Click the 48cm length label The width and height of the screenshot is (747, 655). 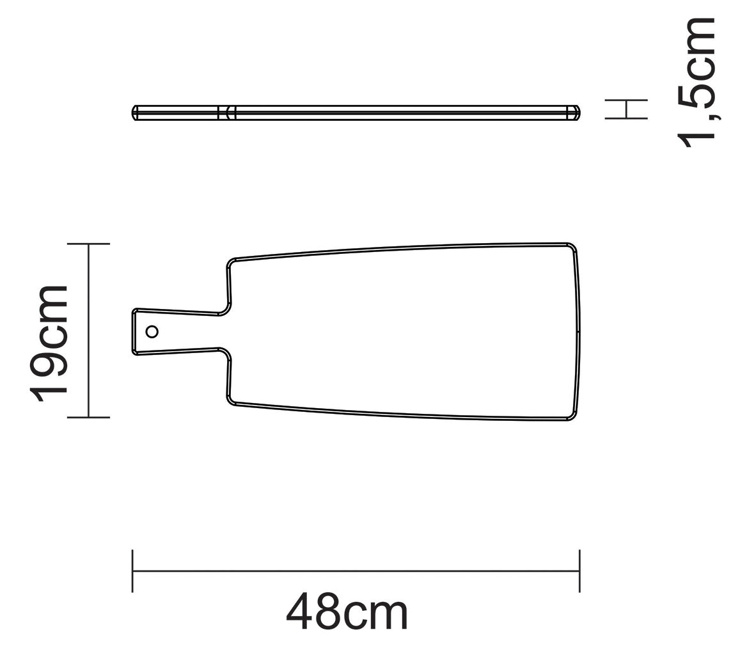(x=346, y=612)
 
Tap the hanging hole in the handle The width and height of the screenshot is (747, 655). (x=152, y=331)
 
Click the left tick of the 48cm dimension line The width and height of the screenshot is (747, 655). (x=132, y=571)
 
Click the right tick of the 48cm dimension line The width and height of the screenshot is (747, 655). (x=579, y=571)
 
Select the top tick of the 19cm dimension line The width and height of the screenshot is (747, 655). (x=88, y=244)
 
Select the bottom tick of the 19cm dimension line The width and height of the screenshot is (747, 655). (x=88, y=418)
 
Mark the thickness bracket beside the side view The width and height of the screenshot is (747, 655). (x=627, y=109)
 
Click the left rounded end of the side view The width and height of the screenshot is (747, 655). (x=135, y=113)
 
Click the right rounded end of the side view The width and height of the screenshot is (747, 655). (x=576, y=113)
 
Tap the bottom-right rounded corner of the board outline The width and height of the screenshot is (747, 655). (x=572, y=416)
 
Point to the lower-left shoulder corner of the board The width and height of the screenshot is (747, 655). (x=231, y=401)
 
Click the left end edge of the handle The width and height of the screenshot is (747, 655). (x=134, y=331)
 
